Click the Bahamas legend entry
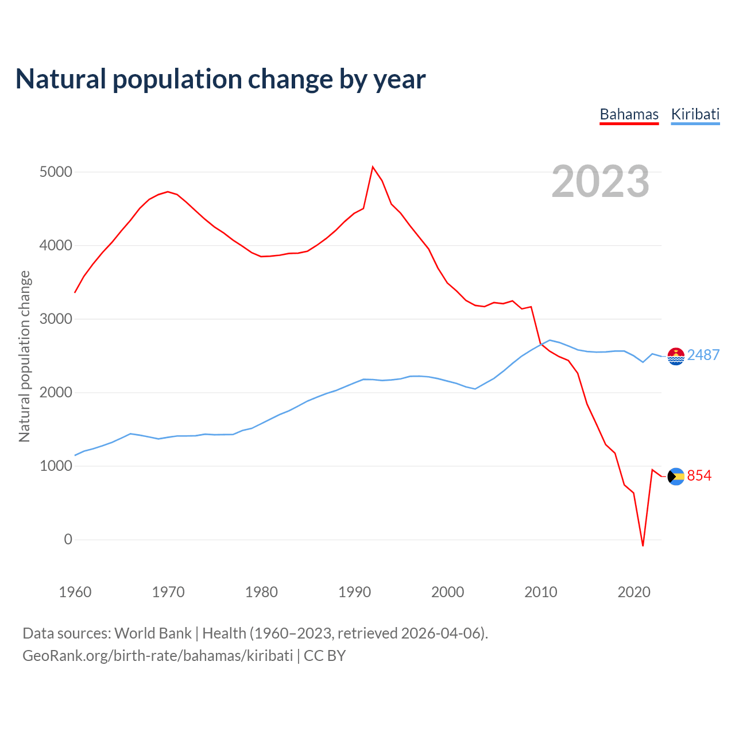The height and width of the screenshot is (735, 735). (x=629, y=114)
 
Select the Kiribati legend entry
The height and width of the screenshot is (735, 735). (x=695, y=114)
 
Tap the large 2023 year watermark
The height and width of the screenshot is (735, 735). (x=600, y=181)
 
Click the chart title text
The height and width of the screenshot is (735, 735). (x=220, y=79)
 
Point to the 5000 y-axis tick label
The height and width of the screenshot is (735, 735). (x=56, y=172)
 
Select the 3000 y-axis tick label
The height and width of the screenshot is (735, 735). (x=56, y=319)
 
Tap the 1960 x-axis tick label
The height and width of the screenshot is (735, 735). (x=75, y=592)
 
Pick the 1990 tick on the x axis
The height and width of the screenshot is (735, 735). (x=354, y=592)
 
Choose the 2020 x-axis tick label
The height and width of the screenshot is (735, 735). (x=633, y=592)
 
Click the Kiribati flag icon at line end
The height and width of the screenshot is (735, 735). (x=676, y=356)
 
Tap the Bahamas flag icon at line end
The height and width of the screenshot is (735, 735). (x=676, y=476)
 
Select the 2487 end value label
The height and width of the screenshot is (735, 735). (x=703, y=355)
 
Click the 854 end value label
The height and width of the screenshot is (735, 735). (x=699, y=475)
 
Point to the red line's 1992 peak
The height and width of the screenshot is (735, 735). (x=373, y=167)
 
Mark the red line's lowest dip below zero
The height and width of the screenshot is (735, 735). (x=643, y=545)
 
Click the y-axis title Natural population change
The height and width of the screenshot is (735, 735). (x=24, y=357)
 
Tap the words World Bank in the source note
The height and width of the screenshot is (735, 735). (x=153, y=633)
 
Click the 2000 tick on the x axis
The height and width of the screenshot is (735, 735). (x=447, y=592)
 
